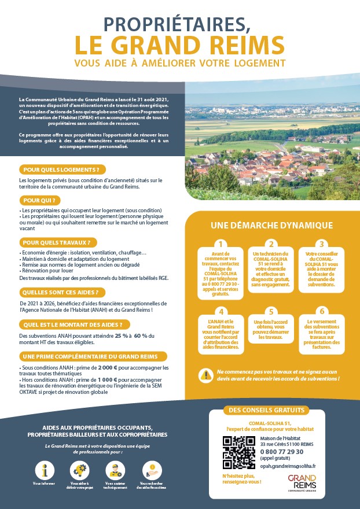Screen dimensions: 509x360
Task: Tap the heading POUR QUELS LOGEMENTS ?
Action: coord(63,169)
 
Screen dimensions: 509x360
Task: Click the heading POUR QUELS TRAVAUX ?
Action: coord(58,242)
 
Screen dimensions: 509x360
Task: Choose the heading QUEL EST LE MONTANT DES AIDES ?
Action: coord(73,324)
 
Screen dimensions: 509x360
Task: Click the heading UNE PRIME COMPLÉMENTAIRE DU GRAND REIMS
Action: coord(93,356)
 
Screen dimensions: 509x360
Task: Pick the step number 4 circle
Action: coord(219,311)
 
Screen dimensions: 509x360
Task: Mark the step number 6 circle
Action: coord(322,311)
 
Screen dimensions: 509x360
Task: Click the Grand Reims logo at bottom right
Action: coord(302,482)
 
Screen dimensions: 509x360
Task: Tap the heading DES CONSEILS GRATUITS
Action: coord(267,411)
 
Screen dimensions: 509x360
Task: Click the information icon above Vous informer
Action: coord(45,469)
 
